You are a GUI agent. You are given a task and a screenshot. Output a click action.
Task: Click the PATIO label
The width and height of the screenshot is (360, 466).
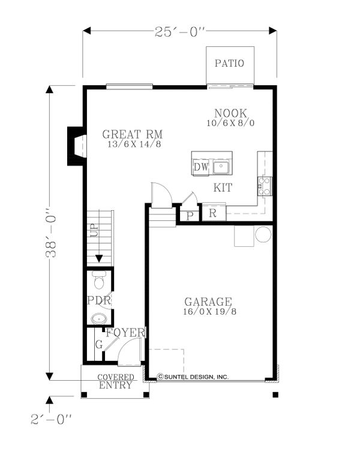(x=230, y=63)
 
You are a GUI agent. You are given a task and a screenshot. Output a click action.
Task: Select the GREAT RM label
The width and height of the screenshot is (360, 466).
(x=132, y=135)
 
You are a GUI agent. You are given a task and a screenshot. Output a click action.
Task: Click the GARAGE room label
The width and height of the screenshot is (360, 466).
(x=208, y=301)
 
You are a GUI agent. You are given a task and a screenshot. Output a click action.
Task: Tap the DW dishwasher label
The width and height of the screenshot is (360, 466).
(x=201, y=167)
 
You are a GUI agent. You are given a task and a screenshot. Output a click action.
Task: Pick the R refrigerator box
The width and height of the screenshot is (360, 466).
(x=213, y=213)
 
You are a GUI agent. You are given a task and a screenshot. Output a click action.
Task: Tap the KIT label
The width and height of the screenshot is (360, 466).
(x=223, y=188)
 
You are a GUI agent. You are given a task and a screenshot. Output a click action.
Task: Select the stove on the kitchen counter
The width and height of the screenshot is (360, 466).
(x=265, y=186)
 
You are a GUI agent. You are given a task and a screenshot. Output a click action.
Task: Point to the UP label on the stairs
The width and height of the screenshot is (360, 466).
(x=93, y=231)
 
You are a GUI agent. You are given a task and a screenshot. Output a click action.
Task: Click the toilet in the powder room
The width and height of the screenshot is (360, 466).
(x=99, y=280)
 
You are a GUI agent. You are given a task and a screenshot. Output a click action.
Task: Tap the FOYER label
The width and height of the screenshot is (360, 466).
(x=125, y=333)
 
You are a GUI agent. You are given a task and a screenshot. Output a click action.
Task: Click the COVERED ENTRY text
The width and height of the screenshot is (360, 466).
(x=115, y=381)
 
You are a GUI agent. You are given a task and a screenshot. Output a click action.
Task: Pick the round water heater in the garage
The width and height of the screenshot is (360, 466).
(x=263, y=234)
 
